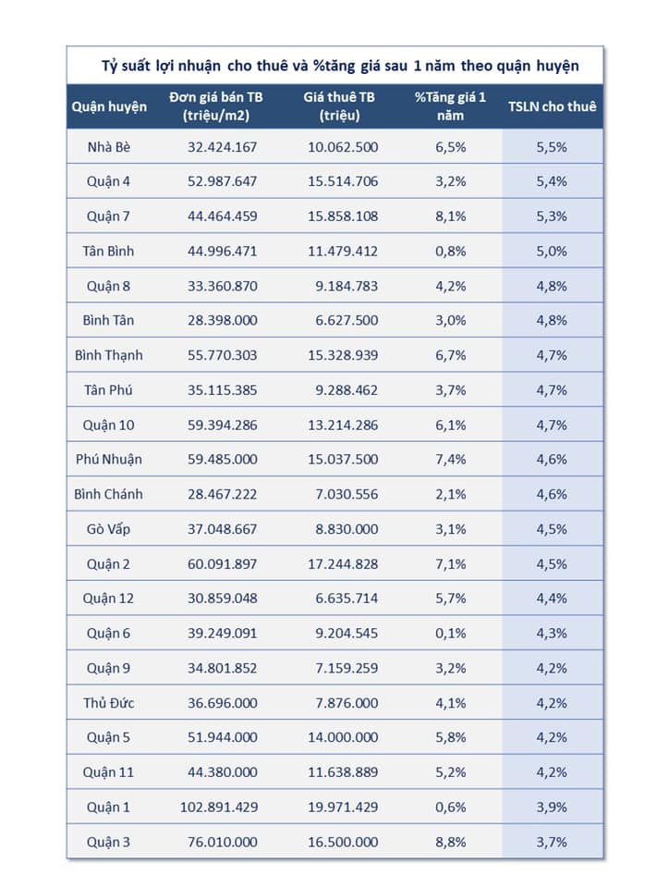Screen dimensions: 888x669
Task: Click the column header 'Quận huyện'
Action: pyautogui.click(x=109, y=106)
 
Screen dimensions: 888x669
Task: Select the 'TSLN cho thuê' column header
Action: pyautogui.click(x=552, y=106)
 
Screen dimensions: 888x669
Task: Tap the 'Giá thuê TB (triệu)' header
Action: pyautogui.click(x=340, y=106)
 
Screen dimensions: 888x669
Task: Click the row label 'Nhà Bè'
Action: pyautogui.click(x=109, y=147)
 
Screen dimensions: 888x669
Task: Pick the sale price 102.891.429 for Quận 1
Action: pyautogui.click(x=219, y=807)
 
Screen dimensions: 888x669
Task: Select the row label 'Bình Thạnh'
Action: pyautogui.click(x=109, y=355)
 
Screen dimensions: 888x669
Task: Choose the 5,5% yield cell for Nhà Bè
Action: pyautogui.click(x=552, y=147)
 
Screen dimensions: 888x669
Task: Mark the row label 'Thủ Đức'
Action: pyautogui.click(x=109, y=702)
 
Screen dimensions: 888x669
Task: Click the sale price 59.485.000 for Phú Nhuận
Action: pyautogui.click(x=219, y=459)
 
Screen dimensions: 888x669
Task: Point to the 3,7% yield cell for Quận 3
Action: pyautogui.click(x=552, y=842)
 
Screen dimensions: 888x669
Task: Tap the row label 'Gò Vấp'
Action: pyautogui.click(x=109, y=528)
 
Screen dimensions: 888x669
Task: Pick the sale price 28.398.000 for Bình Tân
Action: pyautogui.click(x=219, y=320)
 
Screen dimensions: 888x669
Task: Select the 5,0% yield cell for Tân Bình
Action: pyautogui.click(x=552, y=251)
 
